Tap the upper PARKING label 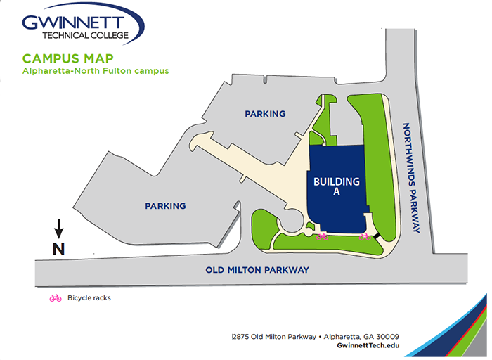tap(265, 113)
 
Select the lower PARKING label tap(165, 206)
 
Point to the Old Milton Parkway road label tap(257, 269)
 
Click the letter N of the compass tap(59, 248)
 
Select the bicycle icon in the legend tap(55, 298)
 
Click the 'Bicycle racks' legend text tap(89, 298)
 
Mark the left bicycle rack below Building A tap(323, 237)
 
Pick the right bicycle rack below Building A tap(364, 237)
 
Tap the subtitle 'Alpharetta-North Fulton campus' tap(95, 71)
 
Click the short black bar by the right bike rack tap(376, 238)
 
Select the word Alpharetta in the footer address tap(339, 336)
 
